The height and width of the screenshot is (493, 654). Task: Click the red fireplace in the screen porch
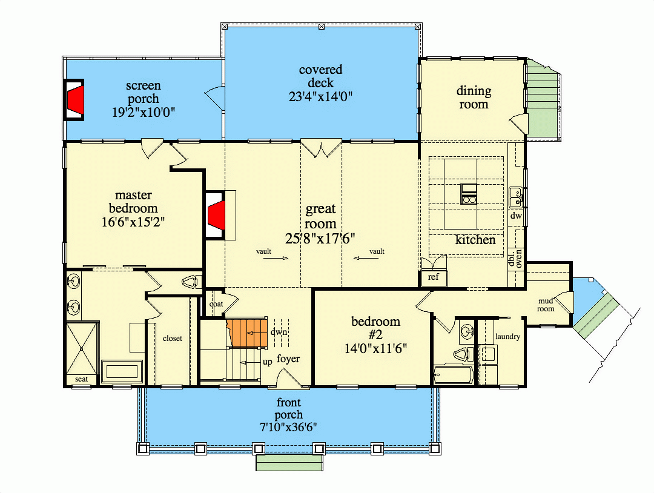coord(75,99)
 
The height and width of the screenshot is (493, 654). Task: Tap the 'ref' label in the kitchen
coord(433,278)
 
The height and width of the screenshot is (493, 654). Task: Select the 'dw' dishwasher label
coord(516,216)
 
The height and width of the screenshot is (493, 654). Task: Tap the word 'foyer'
coord(288,359)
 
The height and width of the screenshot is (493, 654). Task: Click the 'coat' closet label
coord(216,305)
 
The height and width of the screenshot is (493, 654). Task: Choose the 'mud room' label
coord(546,305)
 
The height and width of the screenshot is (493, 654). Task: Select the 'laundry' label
coord(507,337)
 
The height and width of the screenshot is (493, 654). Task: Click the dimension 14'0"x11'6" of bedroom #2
coord(375,348)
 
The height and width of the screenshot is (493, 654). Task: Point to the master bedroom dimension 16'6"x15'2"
coord(134,222)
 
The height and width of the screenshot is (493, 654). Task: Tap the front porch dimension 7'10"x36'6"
coord(289,428)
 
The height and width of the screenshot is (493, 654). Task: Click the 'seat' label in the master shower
coord(81,379)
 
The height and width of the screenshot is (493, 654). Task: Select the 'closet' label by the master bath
coord(172,339)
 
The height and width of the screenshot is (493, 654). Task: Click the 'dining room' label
coord(474,98)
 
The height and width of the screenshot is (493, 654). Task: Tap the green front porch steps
coord(289,463)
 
